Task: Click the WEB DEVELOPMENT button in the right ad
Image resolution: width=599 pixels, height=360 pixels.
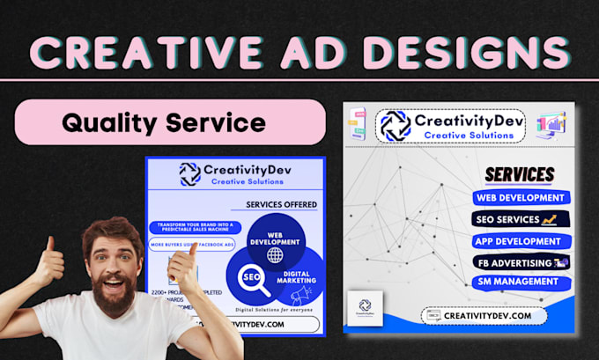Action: point(520,198)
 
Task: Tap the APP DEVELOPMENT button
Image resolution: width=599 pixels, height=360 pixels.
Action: point(519,240)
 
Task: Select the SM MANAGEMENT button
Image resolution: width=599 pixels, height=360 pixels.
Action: point(519,283)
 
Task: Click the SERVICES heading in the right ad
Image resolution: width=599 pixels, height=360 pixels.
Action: point(519,173)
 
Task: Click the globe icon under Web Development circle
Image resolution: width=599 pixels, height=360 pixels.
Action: point(275,255)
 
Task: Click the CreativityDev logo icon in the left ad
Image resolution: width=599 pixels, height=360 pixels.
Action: point(190,173)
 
